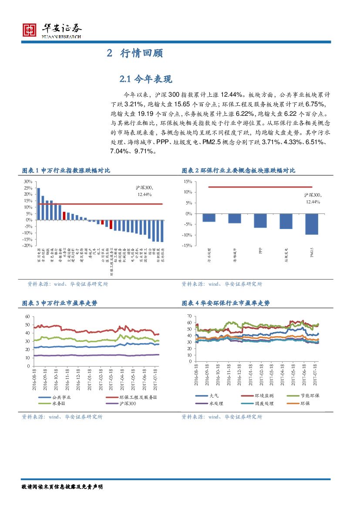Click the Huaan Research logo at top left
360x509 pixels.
(x=52, y=30)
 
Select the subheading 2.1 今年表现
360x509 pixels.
(x=146, y=79)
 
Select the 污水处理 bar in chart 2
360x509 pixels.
(x=209, y=218)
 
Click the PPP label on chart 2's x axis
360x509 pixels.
(x=260, y=251)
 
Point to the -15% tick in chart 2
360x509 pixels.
(x=188, y=246)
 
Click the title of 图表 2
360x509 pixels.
(x=238, y=171)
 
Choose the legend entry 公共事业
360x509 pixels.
(x=61, y=397)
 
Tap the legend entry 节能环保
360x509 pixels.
(x=310, y=396)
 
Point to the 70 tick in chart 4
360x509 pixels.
(x=189, y=316)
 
